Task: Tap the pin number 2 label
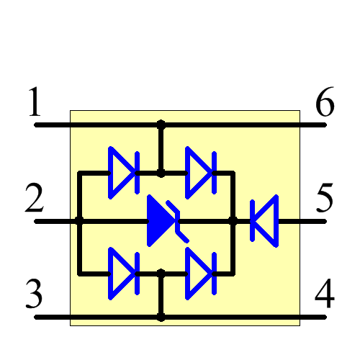pos(35,199)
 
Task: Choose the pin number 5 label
pos(325,199)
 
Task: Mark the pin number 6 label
pos(325,104)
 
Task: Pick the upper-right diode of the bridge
pos(199,173)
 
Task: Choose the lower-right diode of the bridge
pos(199,274)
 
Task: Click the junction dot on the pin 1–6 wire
pos(161,125)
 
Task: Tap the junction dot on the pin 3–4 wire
pos(161,316)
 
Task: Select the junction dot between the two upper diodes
pos(161,173)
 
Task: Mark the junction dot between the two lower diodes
pos(161,274)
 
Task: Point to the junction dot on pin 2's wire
pos(79,220)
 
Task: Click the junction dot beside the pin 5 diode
pos(233,220)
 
